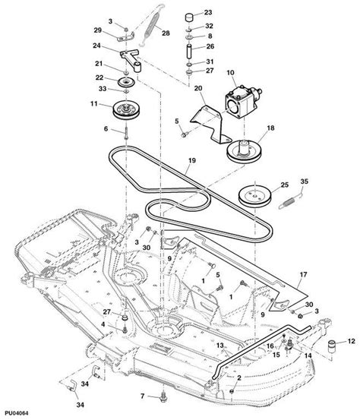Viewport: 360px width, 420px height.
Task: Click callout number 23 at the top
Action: [x=209, y=13]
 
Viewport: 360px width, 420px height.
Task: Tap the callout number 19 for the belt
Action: [x=192, y=162]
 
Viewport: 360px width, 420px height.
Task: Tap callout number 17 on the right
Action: [x=302, y=276]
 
